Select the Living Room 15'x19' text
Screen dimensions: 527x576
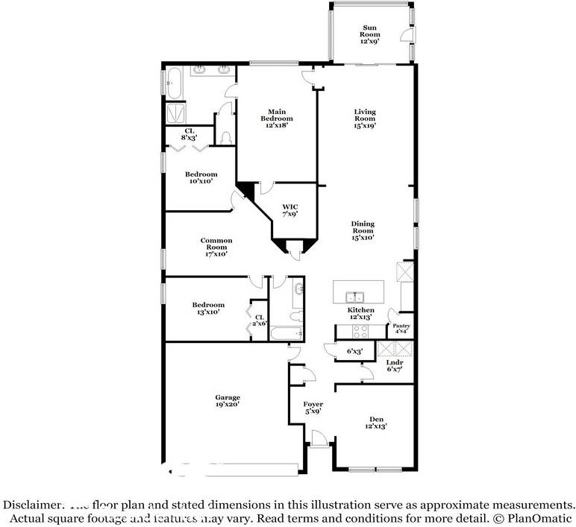click(364, 119)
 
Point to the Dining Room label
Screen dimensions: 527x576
click(363, 230)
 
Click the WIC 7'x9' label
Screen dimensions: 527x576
click(289, 210)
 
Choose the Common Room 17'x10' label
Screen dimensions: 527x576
click(216, 247)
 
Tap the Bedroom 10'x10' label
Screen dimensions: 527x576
click(201, 177)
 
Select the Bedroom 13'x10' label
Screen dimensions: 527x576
click(207, 309)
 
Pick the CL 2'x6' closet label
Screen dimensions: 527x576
click(260, 321)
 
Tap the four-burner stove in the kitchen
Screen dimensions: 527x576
click(361, 333)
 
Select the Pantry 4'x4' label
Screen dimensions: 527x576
click(401, 329)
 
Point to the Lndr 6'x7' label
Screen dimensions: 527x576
click(395, 366)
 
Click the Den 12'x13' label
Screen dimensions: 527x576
click(376, 422)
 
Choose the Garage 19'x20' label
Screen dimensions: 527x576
click(228, 401)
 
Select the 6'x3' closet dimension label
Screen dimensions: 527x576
click(354, 351)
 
